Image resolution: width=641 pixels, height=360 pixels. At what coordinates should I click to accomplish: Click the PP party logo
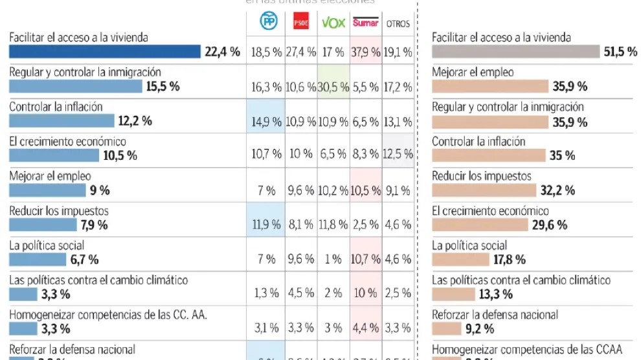(268, 22)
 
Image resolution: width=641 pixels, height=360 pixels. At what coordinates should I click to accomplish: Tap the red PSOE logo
(301, 23)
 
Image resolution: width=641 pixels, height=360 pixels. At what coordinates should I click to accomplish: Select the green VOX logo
(333, 23)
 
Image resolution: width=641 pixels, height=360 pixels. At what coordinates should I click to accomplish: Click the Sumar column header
(366, 23)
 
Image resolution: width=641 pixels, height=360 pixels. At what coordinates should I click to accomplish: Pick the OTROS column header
(398, 23)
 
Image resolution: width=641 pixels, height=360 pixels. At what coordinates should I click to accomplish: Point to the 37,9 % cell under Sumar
(366, 52)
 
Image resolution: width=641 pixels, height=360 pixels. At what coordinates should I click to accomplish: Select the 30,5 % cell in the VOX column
(333, 87)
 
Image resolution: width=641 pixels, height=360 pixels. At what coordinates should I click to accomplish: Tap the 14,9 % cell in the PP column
(266, 121)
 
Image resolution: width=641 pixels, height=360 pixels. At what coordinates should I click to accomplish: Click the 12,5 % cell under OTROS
(398, 155)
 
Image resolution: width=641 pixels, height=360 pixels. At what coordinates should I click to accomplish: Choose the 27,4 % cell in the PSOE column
(300, 52)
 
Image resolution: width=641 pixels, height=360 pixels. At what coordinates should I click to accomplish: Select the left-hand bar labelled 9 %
(47, 190)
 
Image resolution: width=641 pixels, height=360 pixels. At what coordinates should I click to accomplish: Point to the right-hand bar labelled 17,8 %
(460, 260)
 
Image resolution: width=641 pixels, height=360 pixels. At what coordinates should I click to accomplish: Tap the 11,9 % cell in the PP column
(266, 225)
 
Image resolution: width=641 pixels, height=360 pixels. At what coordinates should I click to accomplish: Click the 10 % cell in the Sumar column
(366, 293)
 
